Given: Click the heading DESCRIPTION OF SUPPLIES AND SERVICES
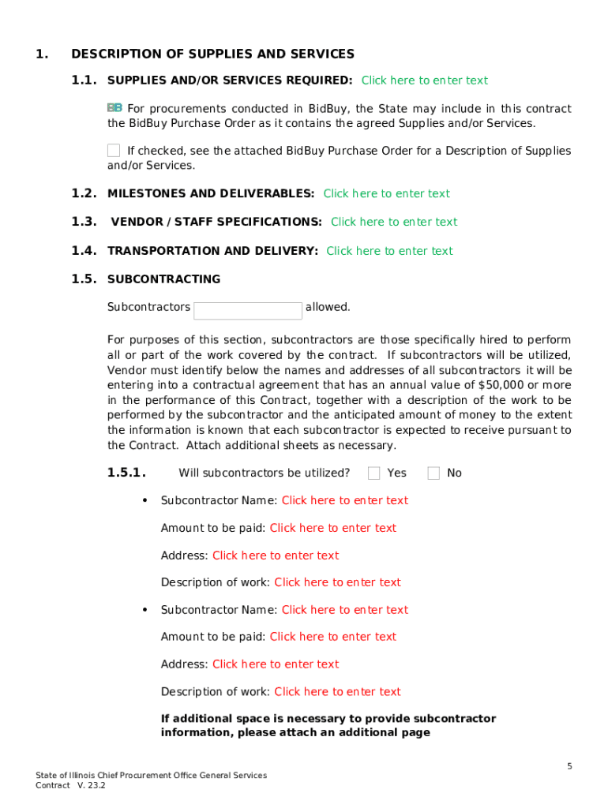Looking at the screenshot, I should point(212,54).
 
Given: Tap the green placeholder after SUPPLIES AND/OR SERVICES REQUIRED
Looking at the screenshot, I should point(424,80).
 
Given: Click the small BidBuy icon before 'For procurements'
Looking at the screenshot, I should point(114,107).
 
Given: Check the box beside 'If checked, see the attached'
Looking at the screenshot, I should point(114,150).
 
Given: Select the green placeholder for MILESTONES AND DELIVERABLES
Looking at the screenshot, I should point(386,193).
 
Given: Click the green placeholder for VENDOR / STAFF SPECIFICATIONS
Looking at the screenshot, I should point(393,222).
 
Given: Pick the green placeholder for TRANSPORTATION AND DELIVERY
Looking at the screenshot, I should point(389,251).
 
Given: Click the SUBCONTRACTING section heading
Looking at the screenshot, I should point(163,279).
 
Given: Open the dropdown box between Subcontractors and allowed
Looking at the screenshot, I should point(247,310).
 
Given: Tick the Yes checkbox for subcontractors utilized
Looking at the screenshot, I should point(374,473).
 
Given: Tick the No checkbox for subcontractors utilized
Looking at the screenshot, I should point(433,473).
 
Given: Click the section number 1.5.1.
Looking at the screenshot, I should point(126,473).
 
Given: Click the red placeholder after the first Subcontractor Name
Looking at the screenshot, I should point(344,500).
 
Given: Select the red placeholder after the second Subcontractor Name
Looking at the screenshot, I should point(344,610).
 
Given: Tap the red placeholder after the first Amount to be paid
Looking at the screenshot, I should point(332,528).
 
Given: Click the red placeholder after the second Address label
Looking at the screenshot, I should point(275,664).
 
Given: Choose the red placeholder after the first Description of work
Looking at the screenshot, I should point(337,582).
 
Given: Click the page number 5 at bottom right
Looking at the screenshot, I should point(569,766).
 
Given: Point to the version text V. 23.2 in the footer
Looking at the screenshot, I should point(91,786).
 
